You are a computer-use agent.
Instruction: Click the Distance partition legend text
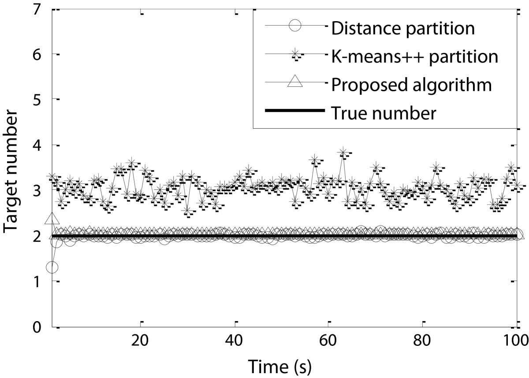tap(402, 28)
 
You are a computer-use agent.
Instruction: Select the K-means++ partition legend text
tap(414, 56)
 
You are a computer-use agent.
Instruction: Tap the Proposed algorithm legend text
tap(410, 85)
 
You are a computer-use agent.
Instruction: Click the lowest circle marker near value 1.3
tap(52, 267)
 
